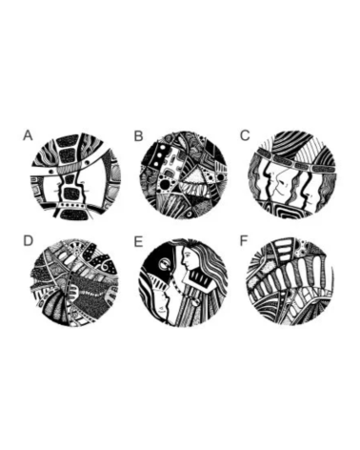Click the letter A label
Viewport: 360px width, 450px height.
click(x=28, y=135)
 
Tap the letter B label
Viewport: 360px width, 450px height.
click(x=139, y=136)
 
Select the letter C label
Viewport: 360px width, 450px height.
click(x=245, y=135)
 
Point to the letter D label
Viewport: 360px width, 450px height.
click(x=28, y=241)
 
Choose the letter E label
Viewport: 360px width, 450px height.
click(x=138, y=241)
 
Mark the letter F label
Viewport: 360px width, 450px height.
click(x=244, y=241)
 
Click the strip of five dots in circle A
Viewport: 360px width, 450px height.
click(x=74, y=205)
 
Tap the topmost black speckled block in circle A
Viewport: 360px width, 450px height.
click(x=69, y=140)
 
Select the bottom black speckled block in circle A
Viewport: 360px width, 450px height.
click(x=72, y=215)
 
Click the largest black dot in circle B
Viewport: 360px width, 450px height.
click(x=165, y=185)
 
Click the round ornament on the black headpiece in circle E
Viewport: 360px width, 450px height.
click(x=164, y=263)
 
